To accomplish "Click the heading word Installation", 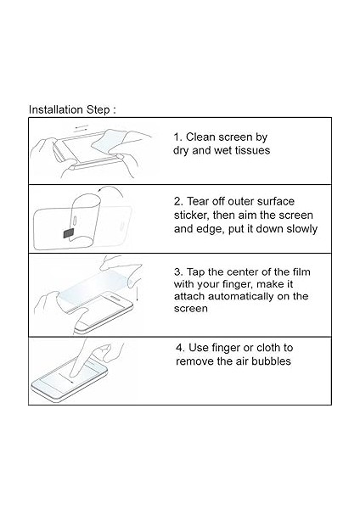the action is (55, 109).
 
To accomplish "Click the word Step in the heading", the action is (98, 110).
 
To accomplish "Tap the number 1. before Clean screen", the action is (177, 137).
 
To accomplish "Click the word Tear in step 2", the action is (198, 201).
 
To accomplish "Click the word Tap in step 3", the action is (196, 271).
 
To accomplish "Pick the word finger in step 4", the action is (227, 348).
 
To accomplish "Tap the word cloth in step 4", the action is (268, 348).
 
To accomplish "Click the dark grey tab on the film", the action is (69, 233).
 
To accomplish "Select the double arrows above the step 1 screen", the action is (82, 127).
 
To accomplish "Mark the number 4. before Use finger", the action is (180, 348).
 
